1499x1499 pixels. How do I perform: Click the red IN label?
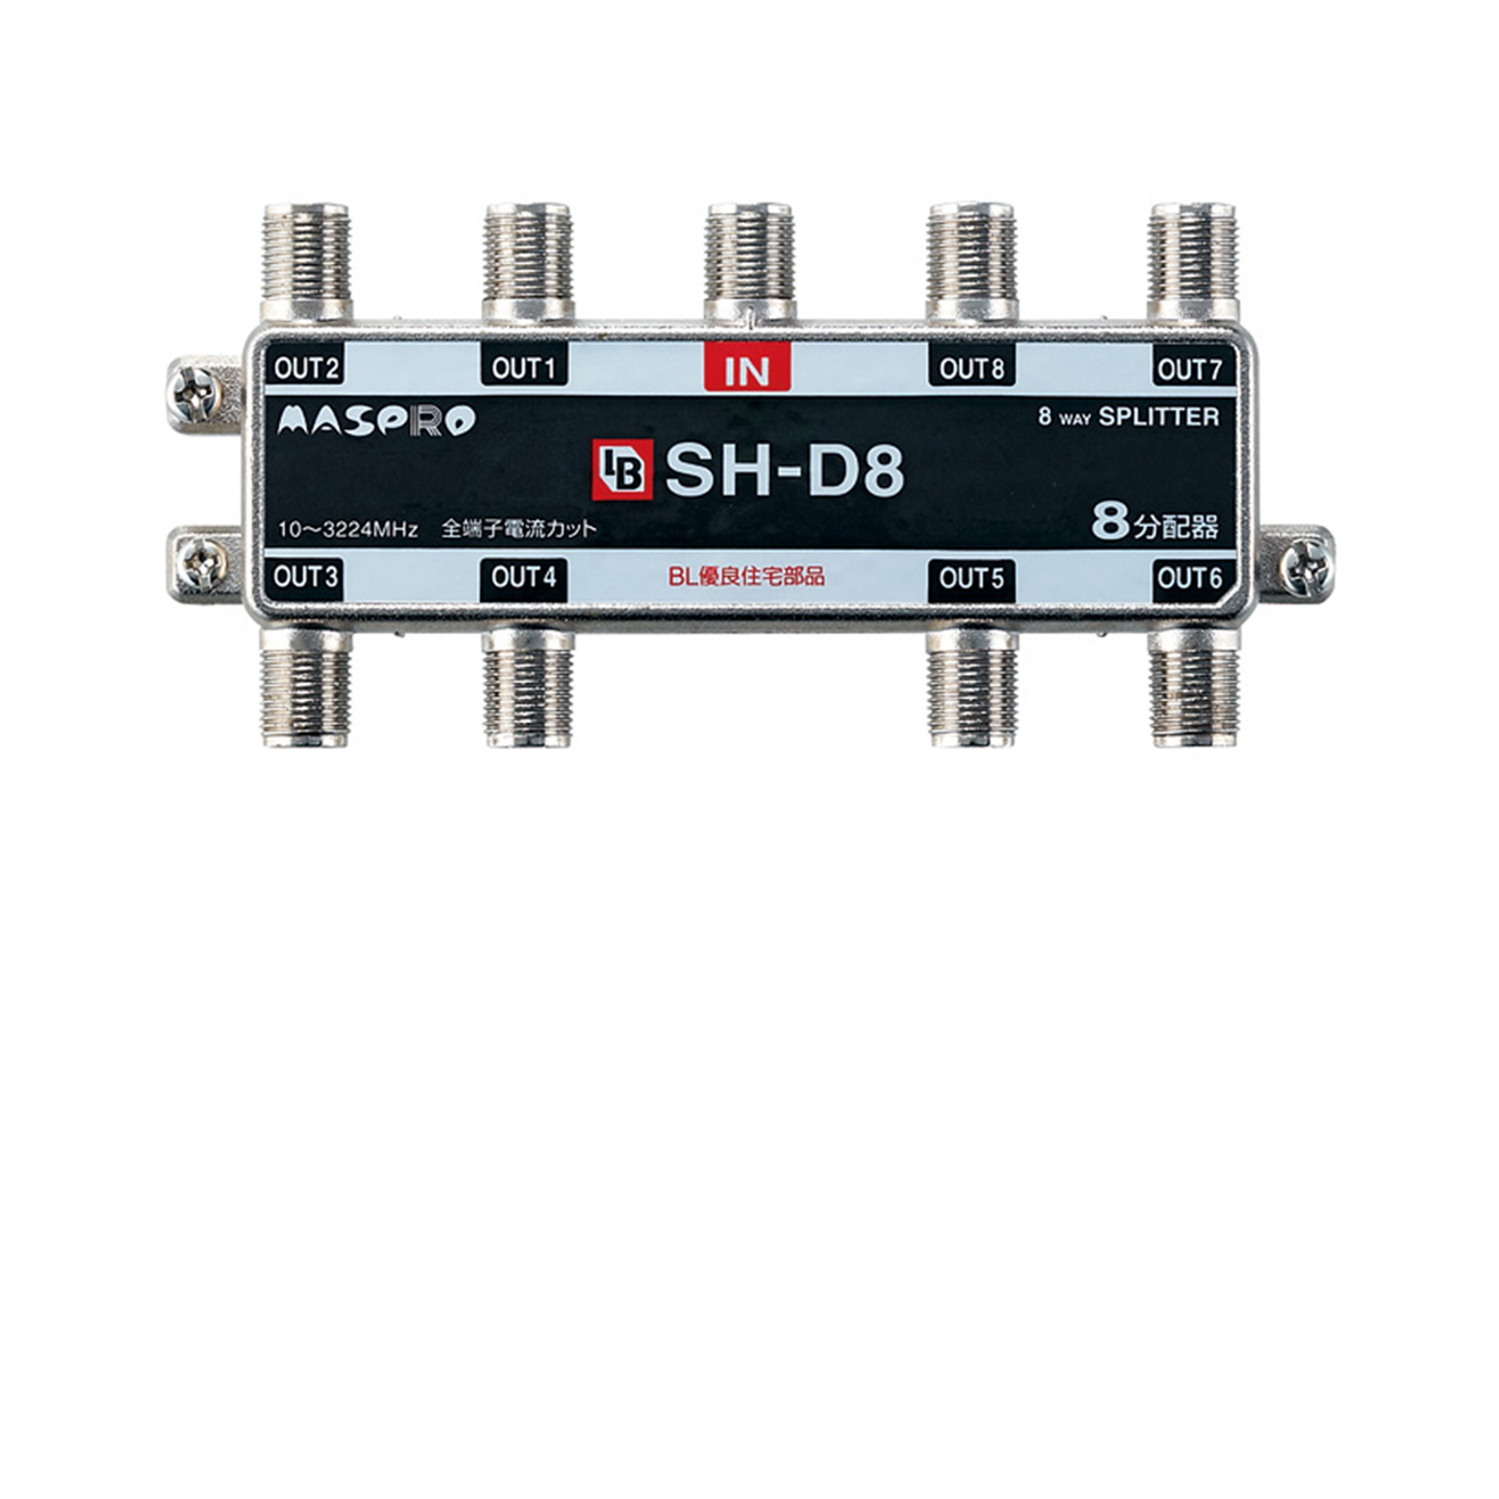tap(747, 368)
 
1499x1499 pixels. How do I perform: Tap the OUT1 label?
tap(524, 367)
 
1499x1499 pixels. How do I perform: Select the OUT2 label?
tap(305, 367)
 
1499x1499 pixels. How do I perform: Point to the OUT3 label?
tap(305, 576)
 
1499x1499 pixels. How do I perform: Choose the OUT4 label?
tap(524, 577)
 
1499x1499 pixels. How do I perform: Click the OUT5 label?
tap(972, 578)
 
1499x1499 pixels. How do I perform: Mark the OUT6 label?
tap(1190, 578)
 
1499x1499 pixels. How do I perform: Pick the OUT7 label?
tap(1190, 369)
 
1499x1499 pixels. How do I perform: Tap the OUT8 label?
tap(972, 368)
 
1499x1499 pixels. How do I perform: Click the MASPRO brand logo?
tap(376, 421)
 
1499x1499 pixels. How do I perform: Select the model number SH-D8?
tap(784, 470)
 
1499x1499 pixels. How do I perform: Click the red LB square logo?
tap(622, 471)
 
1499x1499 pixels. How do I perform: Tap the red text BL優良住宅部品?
tap(747, 576)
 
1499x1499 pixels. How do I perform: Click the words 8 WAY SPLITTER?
tap(1128, 417)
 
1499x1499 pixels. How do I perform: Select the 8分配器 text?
tap(1155, 524)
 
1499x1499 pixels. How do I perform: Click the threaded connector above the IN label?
tap(749, 261)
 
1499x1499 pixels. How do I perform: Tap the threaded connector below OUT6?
tap(1194, 688)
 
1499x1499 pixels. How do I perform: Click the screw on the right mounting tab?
tap(1305, 567)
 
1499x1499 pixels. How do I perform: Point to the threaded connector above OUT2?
tap(306, 261)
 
